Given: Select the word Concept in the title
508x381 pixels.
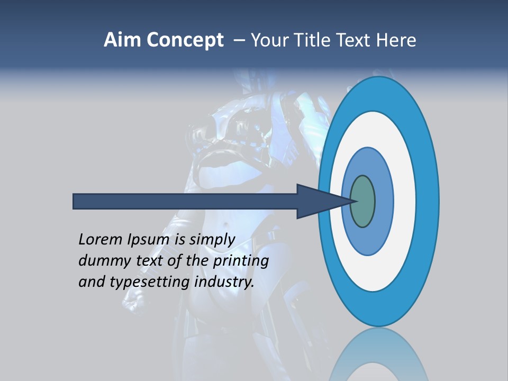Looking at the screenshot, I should click(185, 40).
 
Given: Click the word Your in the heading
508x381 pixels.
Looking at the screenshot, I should click(268, 40).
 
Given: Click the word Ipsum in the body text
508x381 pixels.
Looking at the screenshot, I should click(149, 240).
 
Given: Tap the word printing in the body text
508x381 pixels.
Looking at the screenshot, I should click(240, 261).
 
